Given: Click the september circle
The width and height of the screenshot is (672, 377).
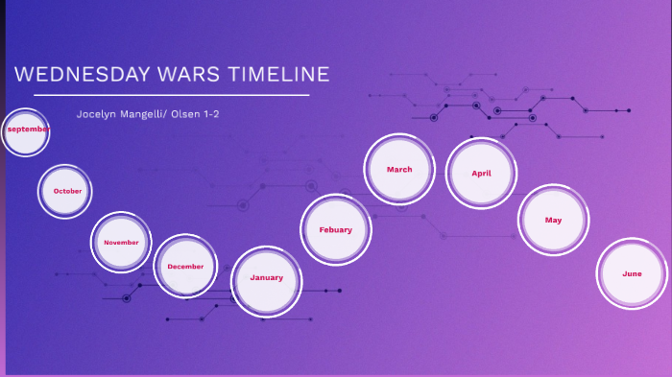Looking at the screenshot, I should pos(25,133).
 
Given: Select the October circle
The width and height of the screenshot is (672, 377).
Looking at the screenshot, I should pos(65,191).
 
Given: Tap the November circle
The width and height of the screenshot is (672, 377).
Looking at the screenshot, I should pos(121,243).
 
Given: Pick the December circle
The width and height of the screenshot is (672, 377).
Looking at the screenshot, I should pos(185,266).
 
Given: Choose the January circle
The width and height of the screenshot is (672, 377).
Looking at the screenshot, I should pos(267,280).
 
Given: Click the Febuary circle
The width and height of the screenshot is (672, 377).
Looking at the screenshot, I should pos(335,230).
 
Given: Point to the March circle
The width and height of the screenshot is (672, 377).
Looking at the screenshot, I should pos(399,170).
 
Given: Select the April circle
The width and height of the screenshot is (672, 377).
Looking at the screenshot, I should pos(481,174).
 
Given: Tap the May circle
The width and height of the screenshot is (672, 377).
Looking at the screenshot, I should pos(553,221).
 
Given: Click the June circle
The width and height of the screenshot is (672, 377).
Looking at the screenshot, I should pos(632,274).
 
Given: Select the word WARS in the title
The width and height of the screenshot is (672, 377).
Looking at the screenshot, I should pos(181,75).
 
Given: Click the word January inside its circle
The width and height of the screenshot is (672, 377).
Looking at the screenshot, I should pos(267,277).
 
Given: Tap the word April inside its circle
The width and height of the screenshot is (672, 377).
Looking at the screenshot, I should pos(481,174).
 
